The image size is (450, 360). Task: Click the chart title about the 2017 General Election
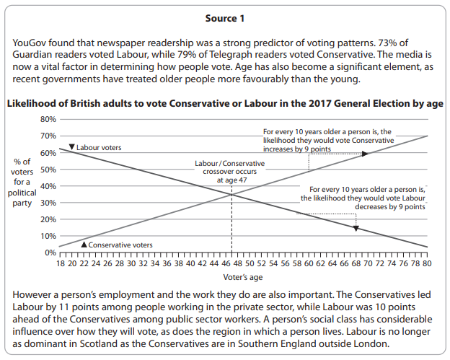pyautogui.click(x=224, y=103)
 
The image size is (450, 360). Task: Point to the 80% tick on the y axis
pyautogui.click(x=48, y=119)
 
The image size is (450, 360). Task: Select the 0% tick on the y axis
pyautogui.click(x=50, y=253)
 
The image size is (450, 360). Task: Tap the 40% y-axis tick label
pyautogui.click(x=48, y=186)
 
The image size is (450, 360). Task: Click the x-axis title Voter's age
pyautogui.click(x=242, y=276)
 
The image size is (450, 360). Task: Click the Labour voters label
pyautogui.click(x=100, y=147)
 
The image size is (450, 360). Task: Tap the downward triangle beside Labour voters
pyautogui.click(x=71, y=147)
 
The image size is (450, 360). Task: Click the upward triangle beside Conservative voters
pyautogui.click(x=84, y=245)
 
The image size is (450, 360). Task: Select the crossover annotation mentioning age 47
pyautogui.click(x=230, y=172)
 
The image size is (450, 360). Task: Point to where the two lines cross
pyautogui.click(x=231, y=194)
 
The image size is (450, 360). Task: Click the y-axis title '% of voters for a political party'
pyautogui.click(x=22, y=181)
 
